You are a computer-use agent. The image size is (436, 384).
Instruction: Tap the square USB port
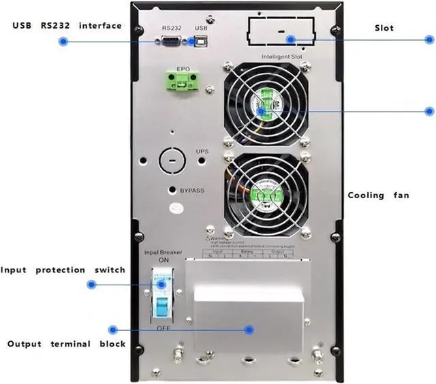pyautogui.click(x=201, y=42)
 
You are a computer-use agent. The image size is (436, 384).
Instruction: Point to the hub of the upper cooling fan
pyautogui.click(x=264, y=104)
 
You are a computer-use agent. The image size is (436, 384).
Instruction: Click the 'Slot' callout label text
pyautogui.click(x=384, y=28)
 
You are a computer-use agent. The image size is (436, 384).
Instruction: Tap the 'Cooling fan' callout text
pyautogui.click(x=379, y=195)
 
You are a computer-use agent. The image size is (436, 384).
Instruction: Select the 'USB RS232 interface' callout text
pyautogui.click(x=67, y=26)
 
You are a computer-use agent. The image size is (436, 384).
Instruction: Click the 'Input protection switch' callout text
pyautogui.click(x=63, y=270)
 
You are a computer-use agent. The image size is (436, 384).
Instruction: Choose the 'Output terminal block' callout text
pyautogui.click(x=66, y=344)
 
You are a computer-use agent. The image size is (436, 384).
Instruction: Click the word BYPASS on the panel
pyautogui.click(x=193, y=191)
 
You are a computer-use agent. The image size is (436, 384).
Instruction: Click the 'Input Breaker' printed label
pyautogui.click(x=163, y=253)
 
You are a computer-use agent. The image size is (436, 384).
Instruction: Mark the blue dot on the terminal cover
pyautogui.click(x=249, y=330)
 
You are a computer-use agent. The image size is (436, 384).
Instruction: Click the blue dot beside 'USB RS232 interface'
pyautogui.click(x=63, y=42)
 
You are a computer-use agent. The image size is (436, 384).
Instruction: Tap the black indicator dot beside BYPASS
pyautogui.click(x=173, y=190)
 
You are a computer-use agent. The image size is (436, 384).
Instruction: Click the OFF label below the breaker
pyautogui.click(x=163, y=328)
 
